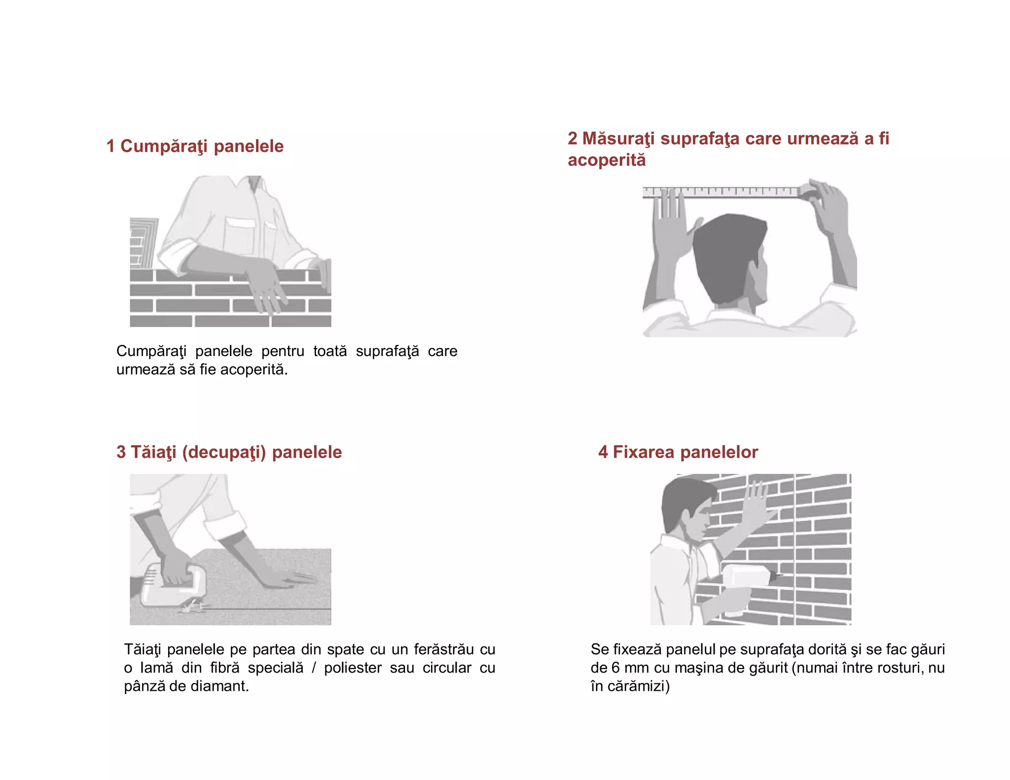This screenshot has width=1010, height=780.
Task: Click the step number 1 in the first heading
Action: click(110, 146)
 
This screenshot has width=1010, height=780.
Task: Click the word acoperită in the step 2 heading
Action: click(607, 160)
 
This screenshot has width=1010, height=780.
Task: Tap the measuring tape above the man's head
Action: click(722, 192)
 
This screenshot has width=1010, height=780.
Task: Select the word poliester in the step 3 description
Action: click(353, 668)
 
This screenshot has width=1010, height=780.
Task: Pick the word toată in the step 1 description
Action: click(330, 352)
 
